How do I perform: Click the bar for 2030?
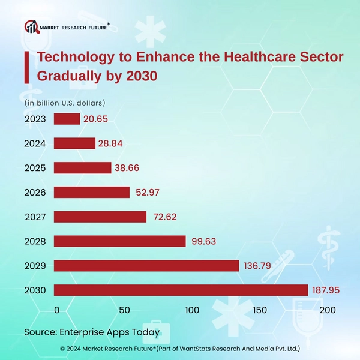pos(181,290)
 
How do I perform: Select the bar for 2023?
pos(67,119)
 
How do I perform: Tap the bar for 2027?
pos(100,217)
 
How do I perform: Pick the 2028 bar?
pos(119,241)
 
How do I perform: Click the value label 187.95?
pos(326,290)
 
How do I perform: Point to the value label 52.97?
pos(146,193)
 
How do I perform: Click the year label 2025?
pos(35,168)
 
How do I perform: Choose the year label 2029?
pos(35,266)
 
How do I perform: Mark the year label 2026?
pos(35,193)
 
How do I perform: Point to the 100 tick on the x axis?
pos(193,310)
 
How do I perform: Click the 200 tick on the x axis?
pos(328,310)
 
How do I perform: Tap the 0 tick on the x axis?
pos(57,310)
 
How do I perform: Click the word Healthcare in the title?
pos(262,58)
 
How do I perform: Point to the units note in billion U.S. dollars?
pos(65,103)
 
